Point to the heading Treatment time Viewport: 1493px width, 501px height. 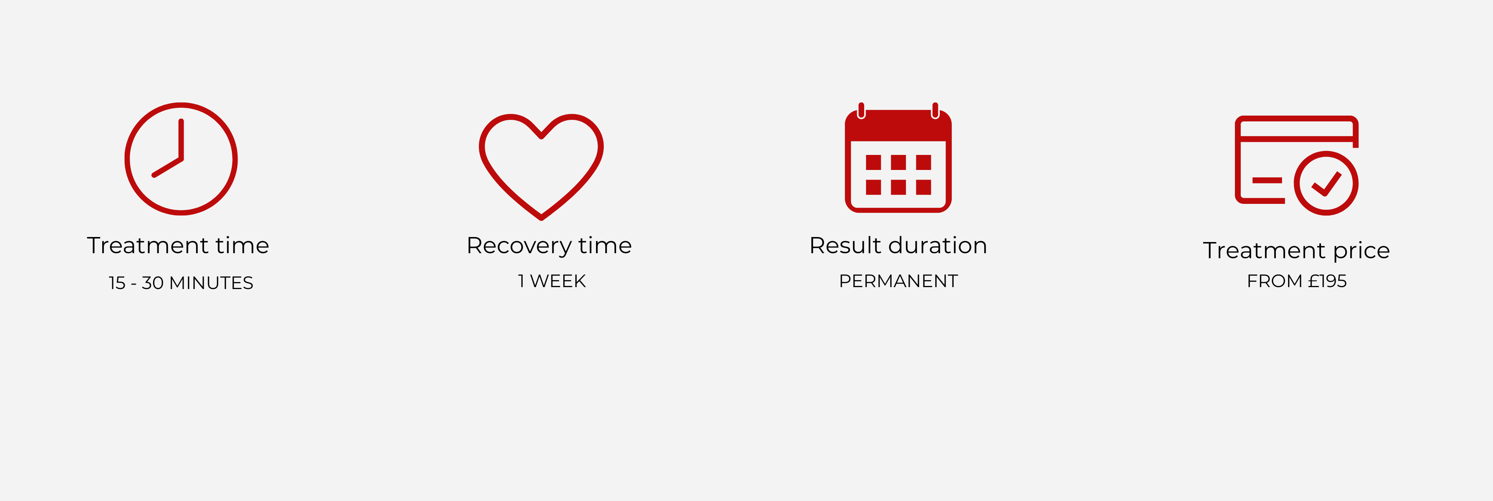tap(178, 245)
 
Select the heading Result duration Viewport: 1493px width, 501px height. tap(898, 245)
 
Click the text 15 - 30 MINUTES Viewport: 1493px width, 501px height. tap(181, 282)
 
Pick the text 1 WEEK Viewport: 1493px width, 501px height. tap(552, 281)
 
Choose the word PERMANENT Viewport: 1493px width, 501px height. tap(899, 281)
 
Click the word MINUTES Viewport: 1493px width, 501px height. tap(211, 282)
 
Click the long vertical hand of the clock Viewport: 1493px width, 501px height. tap(181, 140)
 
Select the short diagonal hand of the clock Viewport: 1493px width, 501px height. tap(167, 167)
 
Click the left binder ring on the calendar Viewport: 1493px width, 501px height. tap(861, 111)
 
